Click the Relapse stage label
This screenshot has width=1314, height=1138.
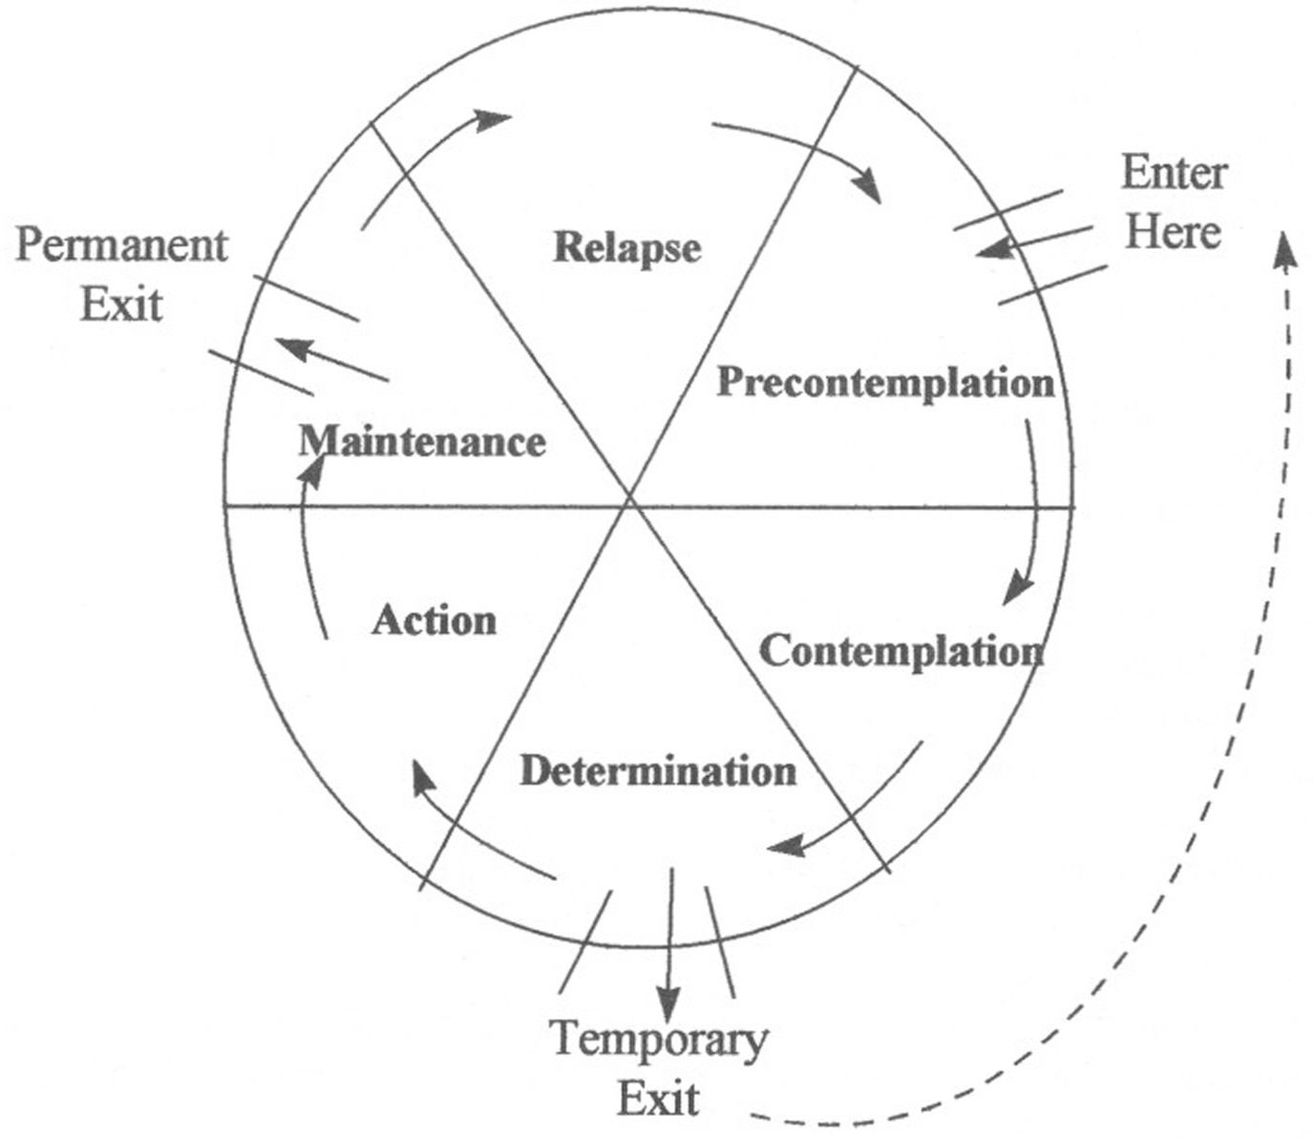click(626, 248)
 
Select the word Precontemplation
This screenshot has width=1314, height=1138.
click(885, 384)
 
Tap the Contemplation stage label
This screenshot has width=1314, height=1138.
click(901, 652)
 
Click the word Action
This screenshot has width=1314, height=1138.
click(434, 622)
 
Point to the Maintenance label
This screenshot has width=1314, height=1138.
click(422, 442)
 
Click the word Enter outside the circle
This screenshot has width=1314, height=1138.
click(1174, 174)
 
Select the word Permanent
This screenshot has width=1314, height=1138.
click(122, 246)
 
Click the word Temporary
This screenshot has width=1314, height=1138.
click(659, 1040)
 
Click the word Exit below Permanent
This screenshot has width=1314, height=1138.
click(121, 306)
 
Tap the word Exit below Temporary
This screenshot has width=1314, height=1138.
click(658, 1099)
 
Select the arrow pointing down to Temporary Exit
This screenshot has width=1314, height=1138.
click(669, 945)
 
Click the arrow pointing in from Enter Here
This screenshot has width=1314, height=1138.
click(1031, 242)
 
